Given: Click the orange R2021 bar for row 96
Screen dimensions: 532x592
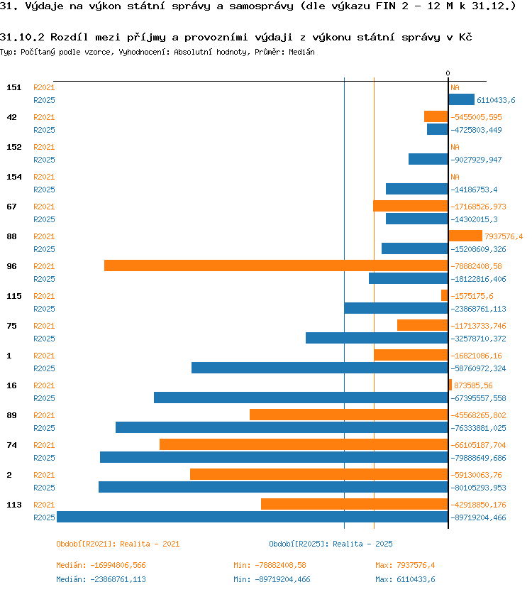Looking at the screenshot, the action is tap(276, 265).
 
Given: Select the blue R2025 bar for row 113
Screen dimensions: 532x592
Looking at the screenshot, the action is tap(253, 517).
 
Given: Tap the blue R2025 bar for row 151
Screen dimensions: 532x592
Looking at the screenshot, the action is tap(462, 99).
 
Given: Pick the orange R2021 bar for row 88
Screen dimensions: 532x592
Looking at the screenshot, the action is tap(465, 236).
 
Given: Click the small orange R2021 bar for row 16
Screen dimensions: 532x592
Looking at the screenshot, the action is tap(450, 385).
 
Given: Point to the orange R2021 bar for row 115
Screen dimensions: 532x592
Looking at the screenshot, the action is tap(445, 295).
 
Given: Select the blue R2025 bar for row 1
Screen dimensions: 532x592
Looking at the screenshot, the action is tap(320, 368).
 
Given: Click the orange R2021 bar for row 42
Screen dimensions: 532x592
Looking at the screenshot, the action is tap(436, 116).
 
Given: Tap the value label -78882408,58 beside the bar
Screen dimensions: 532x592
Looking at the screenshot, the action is tap(477, 266).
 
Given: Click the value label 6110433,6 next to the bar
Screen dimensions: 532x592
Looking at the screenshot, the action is tap(496, 100).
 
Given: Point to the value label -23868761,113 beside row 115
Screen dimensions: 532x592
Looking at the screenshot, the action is tap(478, 309).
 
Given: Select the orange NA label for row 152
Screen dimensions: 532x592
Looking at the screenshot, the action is tap(455, 147).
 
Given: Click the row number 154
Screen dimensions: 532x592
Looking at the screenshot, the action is tap(14, 177).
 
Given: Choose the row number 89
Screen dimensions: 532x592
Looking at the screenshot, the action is tap(11, 415).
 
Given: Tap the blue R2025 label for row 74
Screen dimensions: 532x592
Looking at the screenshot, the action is tap(44, 458).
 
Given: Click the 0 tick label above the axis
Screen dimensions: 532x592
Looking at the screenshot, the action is tap(448, 73).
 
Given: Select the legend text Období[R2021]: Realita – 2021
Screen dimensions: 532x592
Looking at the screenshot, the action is tap(118, 544).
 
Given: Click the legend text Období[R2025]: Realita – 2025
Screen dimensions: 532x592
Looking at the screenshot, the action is tap(331, 544).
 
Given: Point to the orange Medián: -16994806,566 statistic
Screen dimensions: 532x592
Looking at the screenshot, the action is tap(101, 565).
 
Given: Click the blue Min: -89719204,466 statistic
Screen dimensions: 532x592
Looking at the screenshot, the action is tap(272, 579).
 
